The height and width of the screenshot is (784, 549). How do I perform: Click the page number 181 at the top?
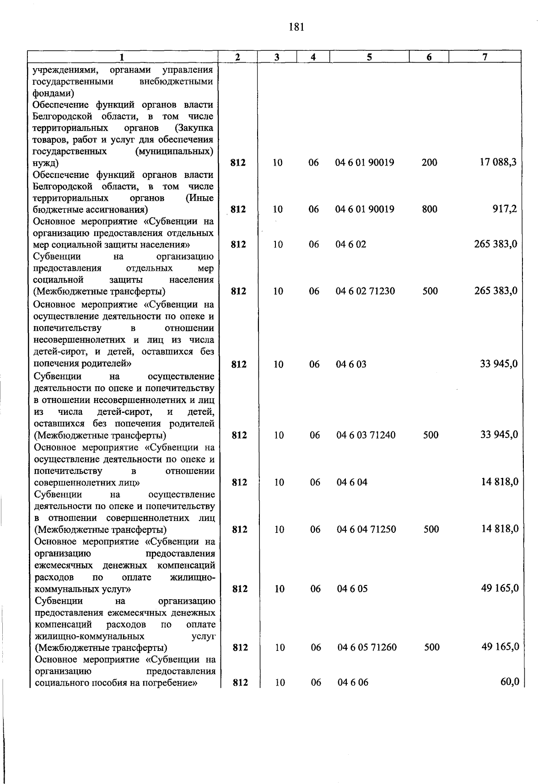coord(296,27)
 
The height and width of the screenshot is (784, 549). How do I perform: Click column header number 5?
coord(369,57)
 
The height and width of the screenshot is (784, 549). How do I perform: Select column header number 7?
coord(484,57)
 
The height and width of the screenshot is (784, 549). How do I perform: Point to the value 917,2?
coord(505,209)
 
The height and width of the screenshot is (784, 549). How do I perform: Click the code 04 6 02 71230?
coord(365,291)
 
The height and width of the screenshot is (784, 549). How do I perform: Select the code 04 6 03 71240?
coord(366,435)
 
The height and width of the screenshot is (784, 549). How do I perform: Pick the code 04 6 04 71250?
coord(366,529)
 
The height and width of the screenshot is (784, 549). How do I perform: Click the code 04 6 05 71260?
coord(367,647)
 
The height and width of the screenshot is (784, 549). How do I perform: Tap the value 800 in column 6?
coord(430,209)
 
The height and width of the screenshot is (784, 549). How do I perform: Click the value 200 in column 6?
coord(430,162)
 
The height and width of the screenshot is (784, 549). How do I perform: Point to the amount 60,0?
coord(510,682)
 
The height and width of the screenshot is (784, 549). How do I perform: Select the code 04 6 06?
coord(353,682)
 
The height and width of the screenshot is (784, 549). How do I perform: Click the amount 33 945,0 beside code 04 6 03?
coord(499,364)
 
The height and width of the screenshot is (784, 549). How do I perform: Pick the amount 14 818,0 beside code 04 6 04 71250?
coord(500,529)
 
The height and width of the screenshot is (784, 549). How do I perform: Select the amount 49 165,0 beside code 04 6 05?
coord(500,588)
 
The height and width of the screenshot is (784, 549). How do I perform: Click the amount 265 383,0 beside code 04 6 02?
coord(495,244)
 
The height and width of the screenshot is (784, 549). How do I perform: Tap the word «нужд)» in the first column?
coord(46,163)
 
